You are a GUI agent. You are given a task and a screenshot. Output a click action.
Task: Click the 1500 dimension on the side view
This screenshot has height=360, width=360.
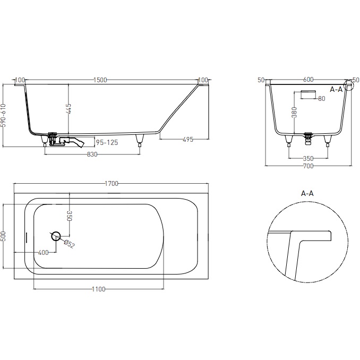pos(100,80)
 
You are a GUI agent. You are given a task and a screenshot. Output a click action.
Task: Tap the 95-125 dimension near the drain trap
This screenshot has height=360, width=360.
pos(106,142)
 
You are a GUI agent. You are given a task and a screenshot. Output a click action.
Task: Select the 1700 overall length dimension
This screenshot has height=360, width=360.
pos(111,184)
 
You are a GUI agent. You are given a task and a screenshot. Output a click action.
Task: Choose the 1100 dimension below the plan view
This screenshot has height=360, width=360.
pos(98,289)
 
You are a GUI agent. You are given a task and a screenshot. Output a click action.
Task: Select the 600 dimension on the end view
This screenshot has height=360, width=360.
pos(308,80)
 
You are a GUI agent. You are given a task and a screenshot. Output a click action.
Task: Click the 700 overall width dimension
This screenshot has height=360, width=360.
pos(308,166)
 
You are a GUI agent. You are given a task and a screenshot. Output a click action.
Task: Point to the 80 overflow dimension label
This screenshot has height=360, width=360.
pos(322,99)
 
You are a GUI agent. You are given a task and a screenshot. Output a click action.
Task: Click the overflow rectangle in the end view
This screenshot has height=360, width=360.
pos(307,93)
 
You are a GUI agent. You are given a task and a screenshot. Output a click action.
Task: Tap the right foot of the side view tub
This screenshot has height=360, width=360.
pos(140,140)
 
